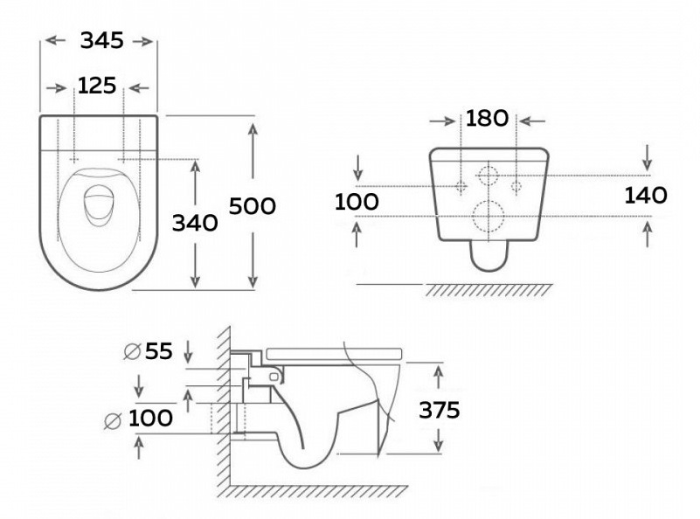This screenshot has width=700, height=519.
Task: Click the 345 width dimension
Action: coord(101,40)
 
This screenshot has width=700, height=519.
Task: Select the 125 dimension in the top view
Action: coord(98,86)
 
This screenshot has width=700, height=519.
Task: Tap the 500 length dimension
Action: coord(253,205)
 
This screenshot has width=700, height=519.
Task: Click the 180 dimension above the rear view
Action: coord(487,118)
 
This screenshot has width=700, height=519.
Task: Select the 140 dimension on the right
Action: coord(646,195)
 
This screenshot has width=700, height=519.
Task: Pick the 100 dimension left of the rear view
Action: coord(357,202)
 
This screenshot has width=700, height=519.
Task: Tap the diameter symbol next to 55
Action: coord(133,351)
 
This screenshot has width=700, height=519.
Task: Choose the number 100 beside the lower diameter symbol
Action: coord(150,419)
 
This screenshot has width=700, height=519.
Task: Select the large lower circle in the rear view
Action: coord(487,214)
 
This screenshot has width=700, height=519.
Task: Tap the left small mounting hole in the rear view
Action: coord(461,185)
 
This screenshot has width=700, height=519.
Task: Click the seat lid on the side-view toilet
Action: coord(332,351)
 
